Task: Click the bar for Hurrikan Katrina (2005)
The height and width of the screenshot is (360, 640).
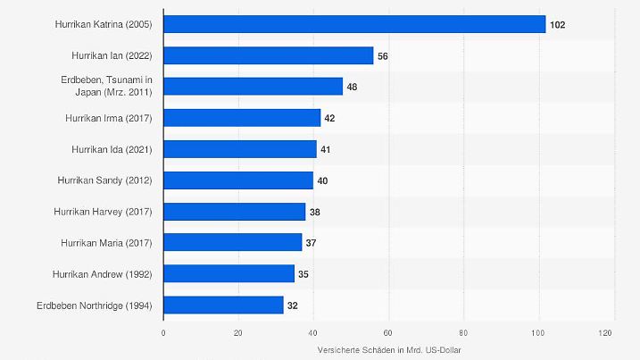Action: pyautogui.click(x=354, y=24)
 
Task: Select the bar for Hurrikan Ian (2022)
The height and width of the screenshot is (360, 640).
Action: pyautogui.click(x=269, y=55)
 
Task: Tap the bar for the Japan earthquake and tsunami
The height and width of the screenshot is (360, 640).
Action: pyautogui.click(x=254, y=87)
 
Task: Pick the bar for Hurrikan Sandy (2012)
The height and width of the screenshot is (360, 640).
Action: pyautogui.click(x=238, y=180)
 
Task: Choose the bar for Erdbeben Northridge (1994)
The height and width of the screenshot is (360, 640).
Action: pyautogui.click(x=223, y=306)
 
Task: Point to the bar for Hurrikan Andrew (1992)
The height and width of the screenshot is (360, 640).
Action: pyautogui.click(x=229, y=274)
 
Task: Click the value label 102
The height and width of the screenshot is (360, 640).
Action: pyautogui.click(x=557, y=25)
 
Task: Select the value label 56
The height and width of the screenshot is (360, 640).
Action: pyautogui.click(x=383, y=55)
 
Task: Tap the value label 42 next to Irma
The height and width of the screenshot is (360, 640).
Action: pyautogui.click(x=330, y=118)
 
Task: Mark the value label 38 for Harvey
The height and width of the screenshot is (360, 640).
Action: pyautogui.click(x=315, y=212)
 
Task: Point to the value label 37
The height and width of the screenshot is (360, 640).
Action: pyautogui.click(x=312, y=243)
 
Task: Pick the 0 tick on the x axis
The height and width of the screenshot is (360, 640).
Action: pyautogui.click(x=163, y=333)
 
